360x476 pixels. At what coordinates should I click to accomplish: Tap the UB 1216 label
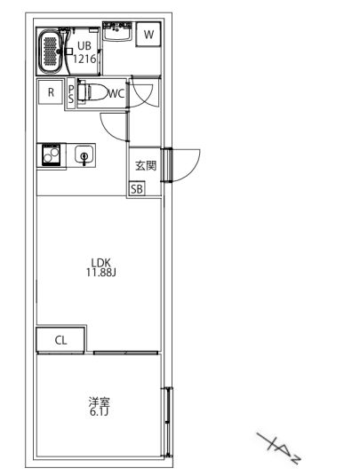(x=84, y=52)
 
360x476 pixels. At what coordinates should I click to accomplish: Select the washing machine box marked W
(x=149, y=35)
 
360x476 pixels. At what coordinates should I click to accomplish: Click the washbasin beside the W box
(x=116, y=34)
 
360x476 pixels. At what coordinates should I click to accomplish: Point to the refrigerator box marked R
(x=51, y=92)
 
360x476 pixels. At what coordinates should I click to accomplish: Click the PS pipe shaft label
(x=71, y=94)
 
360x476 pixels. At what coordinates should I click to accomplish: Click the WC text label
(x=116, y=92)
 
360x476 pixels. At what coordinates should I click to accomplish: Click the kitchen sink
(x=84, y=156)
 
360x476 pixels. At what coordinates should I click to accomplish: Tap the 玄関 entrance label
(x=146, y=165)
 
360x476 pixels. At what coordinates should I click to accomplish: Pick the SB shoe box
(x=137, y=188)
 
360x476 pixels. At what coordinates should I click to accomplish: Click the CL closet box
(x=60, y=339)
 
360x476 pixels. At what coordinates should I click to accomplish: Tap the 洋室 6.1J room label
(x=99, y=407)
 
